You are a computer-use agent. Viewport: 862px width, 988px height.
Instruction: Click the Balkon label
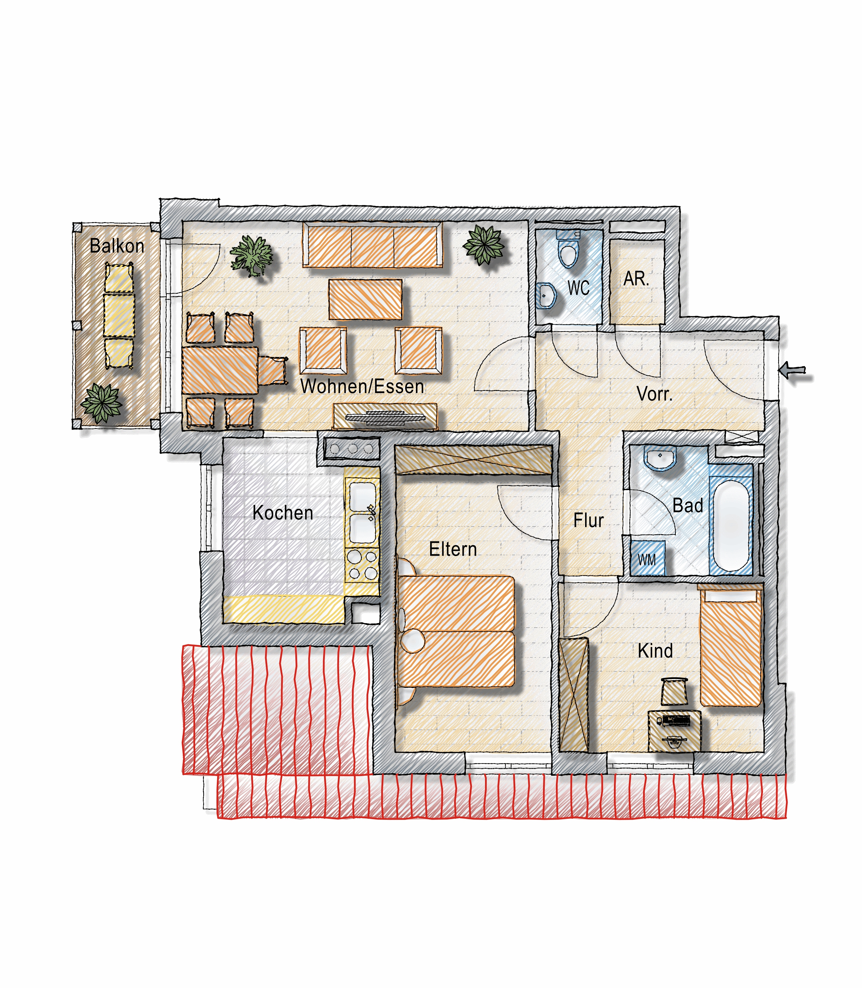click(117, 246)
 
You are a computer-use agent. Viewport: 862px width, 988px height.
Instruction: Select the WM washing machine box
click(648, 558)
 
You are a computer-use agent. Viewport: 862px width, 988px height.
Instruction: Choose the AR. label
click(637, 279)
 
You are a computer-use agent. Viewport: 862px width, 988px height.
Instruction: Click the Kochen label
click(283, 513)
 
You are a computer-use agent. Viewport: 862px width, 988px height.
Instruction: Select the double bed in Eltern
click(455, 631)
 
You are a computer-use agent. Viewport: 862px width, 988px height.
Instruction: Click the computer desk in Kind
click(674, 730)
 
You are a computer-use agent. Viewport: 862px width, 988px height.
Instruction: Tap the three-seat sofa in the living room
click(373, 245)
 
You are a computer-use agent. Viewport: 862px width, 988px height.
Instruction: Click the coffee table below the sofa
click(366, 299)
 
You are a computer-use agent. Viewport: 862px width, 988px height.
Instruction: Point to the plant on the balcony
click(101, 403)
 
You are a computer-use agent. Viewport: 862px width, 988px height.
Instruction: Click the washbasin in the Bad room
click(660, 458)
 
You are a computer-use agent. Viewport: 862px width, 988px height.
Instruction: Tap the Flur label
click(588, 521)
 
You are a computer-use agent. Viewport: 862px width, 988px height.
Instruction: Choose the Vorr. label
click(655, 394)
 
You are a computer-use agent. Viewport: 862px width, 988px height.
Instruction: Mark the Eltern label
click(453, 549)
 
